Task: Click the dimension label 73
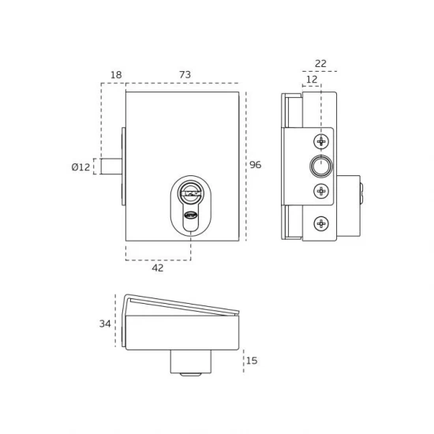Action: click(x=185, y=75)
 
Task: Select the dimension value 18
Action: click(x=116, y=75)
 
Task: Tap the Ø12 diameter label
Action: click(x=80, y=167)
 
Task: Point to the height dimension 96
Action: click(x=255, y=165)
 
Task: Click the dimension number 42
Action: click(x=158, y=268)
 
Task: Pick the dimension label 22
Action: click(x=321, y=64)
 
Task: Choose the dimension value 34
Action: click(x=105, y=324)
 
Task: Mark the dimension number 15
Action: click(x=252, y=361)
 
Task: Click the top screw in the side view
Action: click(x=321, y=141)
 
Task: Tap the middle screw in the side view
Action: click(x=321, y=191)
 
